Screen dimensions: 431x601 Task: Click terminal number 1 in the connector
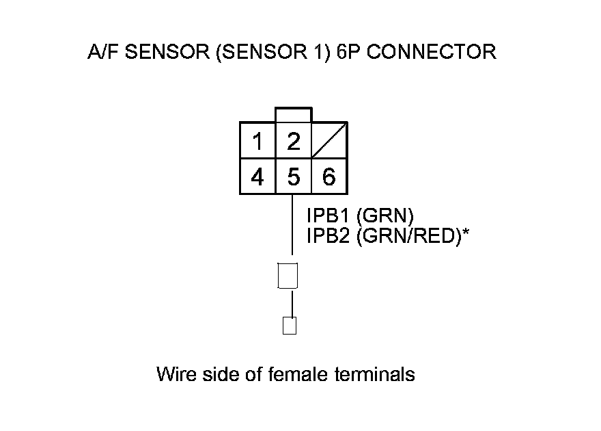coord(257,142)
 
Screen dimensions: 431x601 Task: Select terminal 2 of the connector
coord(294,142)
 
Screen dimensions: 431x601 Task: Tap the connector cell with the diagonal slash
coord(329,142)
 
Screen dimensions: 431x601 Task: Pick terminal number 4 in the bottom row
coord(257,178)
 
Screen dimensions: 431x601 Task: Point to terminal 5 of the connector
coord(294,178)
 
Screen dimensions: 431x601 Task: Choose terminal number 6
coord(329,178)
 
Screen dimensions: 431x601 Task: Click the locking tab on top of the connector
coord(294,115)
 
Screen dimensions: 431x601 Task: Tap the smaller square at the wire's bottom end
coord(289,325)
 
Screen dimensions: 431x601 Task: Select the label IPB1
coord(329,215)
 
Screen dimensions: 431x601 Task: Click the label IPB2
coord(329,236)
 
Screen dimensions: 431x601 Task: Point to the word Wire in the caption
coord(175,374)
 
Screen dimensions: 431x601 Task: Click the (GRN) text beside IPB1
coord(386,215)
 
